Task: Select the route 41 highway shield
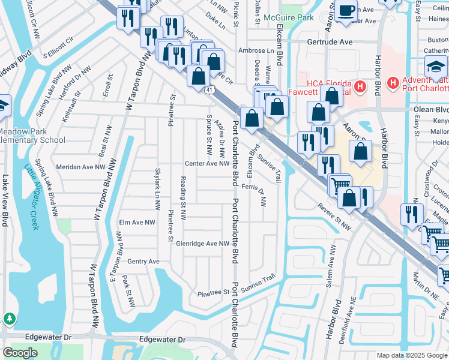coord(208,90)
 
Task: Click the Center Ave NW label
coord(207,163)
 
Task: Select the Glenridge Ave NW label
coord(203,244)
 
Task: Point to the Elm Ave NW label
coord(137,222)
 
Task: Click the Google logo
coord(20,353)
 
